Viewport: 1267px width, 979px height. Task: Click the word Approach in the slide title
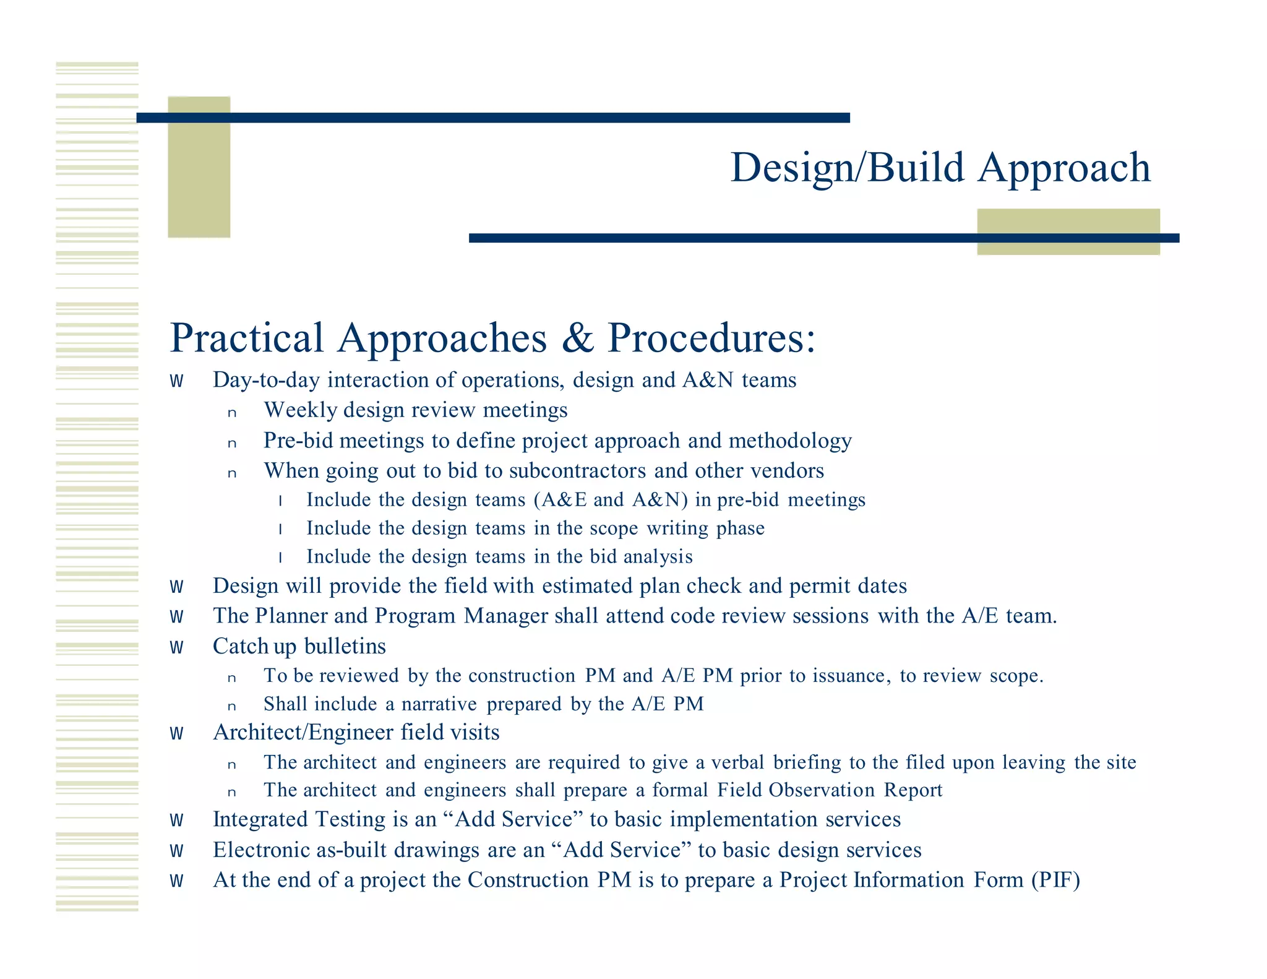coord(1064,168)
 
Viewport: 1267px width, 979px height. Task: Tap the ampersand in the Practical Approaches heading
coord(578,339)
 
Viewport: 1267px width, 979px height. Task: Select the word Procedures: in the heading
coord(711,339)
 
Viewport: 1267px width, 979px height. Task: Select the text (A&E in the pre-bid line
coord(560,500)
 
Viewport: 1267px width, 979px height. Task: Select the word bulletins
coord(345,647)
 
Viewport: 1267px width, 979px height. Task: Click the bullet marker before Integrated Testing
coord(177,821)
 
